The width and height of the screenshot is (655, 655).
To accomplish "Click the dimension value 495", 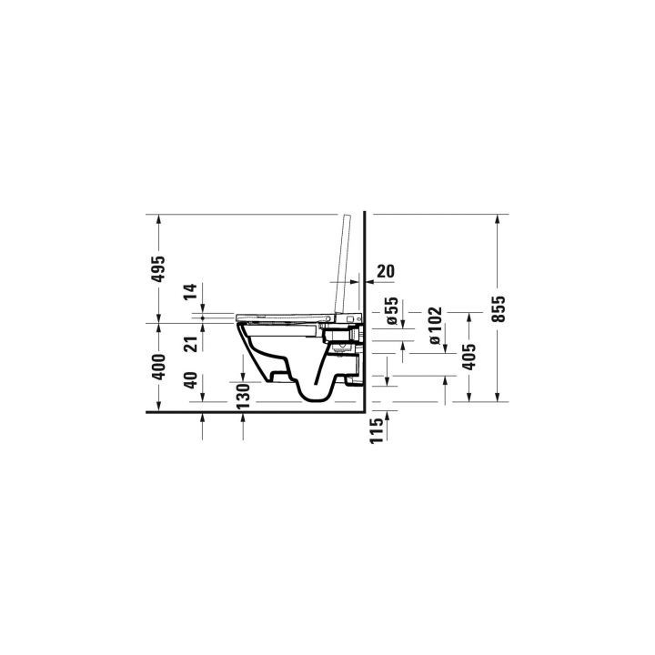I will pos(158,269).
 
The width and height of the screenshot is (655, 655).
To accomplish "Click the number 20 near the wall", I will pos(385,270).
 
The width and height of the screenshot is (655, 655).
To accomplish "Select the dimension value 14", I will pos(190,293).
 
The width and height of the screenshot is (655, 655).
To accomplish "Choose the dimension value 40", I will pos(190,379).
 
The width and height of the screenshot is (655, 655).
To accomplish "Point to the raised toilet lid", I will pos(343,264).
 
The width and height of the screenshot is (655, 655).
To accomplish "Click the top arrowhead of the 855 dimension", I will pos(496,219).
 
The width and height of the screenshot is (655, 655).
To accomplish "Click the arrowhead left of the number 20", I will pos(368,282).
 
